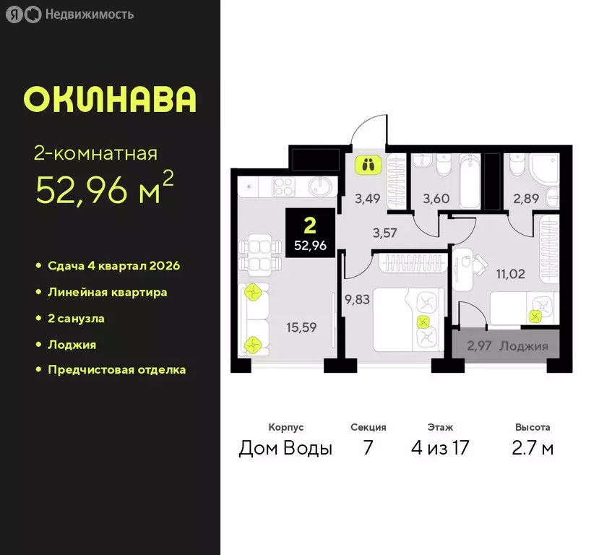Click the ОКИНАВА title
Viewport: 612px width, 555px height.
[x=109, y=100]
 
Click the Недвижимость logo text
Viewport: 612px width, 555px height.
[x=89, y=14]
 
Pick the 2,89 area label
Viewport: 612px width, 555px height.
[x=526, y=197]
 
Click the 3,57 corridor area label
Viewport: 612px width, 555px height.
[x=385, y=232]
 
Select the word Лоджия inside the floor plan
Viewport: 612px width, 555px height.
[x=523, y=346]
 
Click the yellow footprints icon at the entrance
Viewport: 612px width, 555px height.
[x=369, y=165]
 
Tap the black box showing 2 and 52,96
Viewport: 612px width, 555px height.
[x=310, y=231]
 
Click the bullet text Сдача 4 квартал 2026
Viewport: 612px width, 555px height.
[x=113, y=266]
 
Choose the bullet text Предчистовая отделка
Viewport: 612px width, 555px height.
[x=116, y=370]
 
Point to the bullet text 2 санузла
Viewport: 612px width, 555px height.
[x=81, y=318]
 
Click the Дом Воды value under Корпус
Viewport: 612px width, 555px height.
[x=285, y=448]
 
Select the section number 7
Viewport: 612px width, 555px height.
[x=368, y=448]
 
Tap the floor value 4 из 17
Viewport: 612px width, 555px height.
[x=440, y=448]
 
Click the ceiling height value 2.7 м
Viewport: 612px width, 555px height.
[x=533, y=448]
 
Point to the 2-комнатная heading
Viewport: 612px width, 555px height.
[x=96, y=153]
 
